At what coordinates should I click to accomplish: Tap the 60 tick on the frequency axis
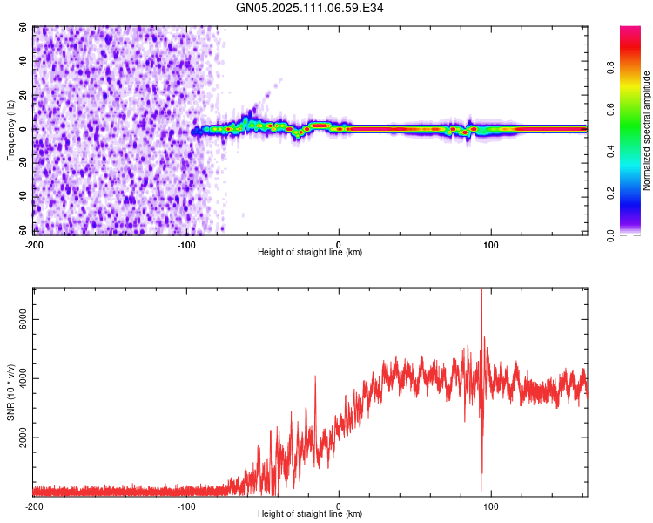24,28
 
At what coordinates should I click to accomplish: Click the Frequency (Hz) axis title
10,131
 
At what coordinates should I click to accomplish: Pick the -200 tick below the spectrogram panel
34,243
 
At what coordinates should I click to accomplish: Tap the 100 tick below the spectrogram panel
491,243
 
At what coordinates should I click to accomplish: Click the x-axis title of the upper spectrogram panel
310,253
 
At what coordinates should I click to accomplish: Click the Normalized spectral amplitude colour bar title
646,131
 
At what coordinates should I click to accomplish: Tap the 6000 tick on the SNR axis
23,320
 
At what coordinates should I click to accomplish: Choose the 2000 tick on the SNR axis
23,438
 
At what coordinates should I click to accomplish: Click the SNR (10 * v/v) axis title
10,392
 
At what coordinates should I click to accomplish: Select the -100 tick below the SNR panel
186,506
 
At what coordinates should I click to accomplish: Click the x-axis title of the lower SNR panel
310,514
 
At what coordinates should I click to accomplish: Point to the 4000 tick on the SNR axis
23,378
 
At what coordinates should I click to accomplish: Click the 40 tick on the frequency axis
24,62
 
